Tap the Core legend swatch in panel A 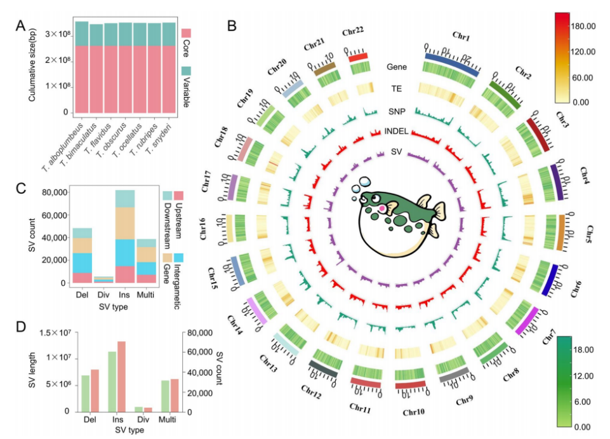point(186,32)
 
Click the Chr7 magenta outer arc point(528,320)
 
